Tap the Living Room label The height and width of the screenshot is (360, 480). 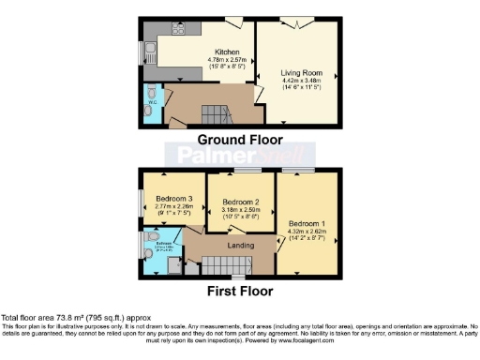[301, 71]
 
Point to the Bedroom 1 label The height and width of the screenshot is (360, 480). [307, 224]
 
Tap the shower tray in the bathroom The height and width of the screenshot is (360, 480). [173, 266]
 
